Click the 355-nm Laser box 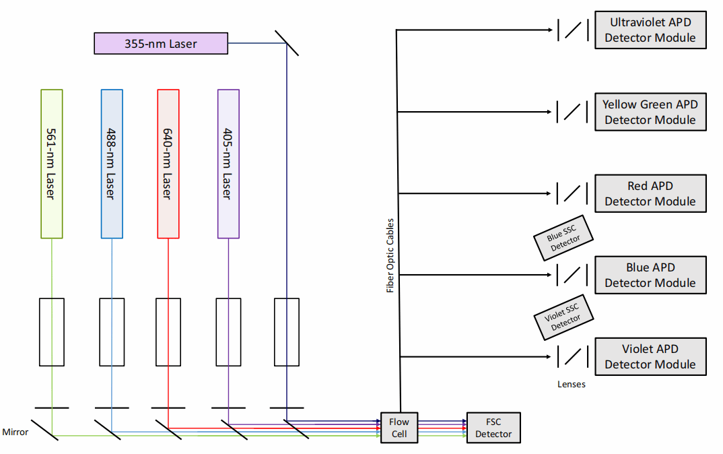click(161, 44)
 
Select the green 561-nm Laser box click(52, 164)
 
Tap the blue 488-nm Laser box click(112, 164)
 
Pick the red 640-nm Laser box click(168, 164)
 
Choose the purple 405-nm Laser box click(228, 164)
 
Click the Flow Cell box click(399, 428)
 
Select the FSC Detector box click(493, 428)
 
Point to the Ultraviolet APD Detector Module click(650, 30)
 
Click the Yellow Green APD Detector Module click(650, 112)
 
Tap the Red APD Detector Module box click(650, 193)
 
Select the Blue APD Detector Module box click(650, 275)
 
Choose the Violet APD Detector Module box click(650, 356)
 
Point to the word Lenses click(571, 385)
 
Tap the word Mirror click(15, 432)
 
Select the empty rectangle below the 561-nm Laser click(52, 332)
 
